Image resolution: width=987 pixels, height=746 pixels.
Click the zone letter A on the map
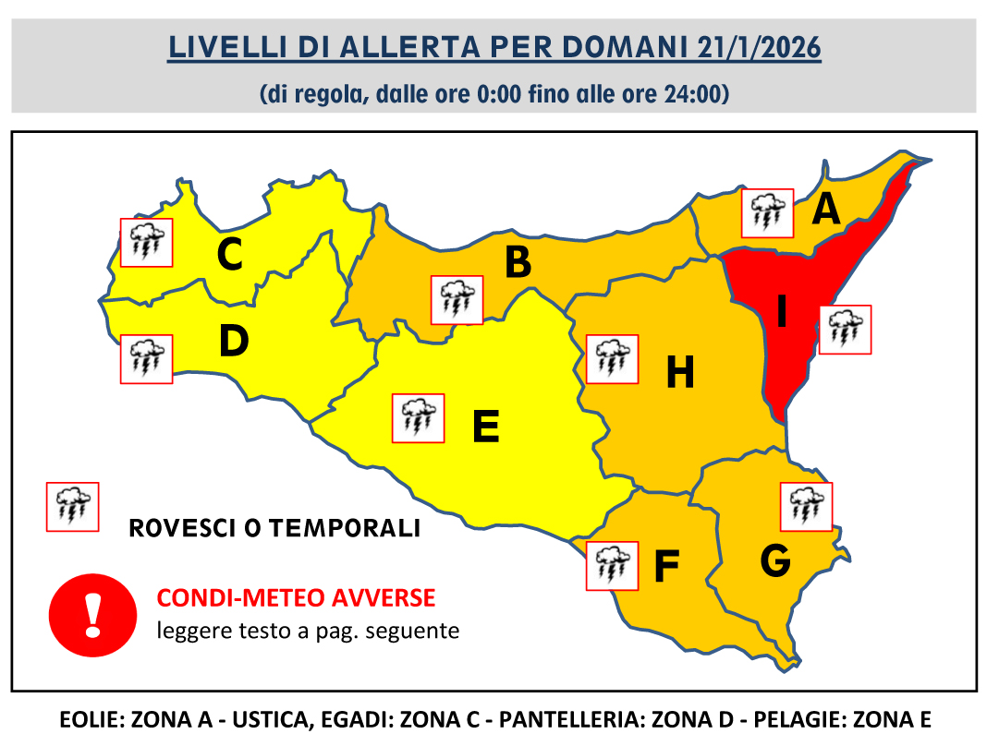tap(825, 211)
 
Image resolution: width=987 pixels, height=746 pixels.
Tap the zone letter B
tap(518, 263)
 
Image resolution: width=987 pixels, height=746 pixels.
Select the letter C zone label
tap(229, 256)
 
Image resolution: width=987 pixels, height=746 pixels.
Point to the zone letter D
tap(234, 343)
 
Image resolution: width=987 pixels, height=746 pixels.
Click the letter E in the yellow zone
tap(485, 427)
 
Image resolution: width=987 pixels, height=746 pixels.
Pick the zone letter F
tap(666, 567)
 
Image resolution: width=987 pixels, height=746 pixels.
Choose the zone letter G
tap(774, 560)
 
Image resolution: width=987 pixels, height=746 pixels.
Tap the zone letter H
tap(680, 374)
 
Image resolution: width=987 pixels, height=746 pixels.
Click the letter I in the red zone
tap(781, 313)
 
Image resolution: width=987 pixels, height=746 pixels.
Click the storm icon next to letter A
tap(768, 213)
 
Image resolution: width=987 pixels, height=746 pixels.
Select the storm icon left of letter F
tap(613, 565)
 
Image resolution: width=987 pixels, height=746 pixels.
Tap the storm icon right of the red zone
tap(846, 329)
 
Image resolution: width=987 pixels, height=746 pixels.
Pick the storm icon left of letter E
tap(419, 418)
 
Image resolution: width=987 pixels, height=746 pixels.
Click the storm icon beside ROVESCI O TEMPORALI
tap(73, 506)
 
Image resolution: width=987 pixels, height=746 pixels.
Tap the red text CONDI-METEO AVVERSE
tap(296, 597)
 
